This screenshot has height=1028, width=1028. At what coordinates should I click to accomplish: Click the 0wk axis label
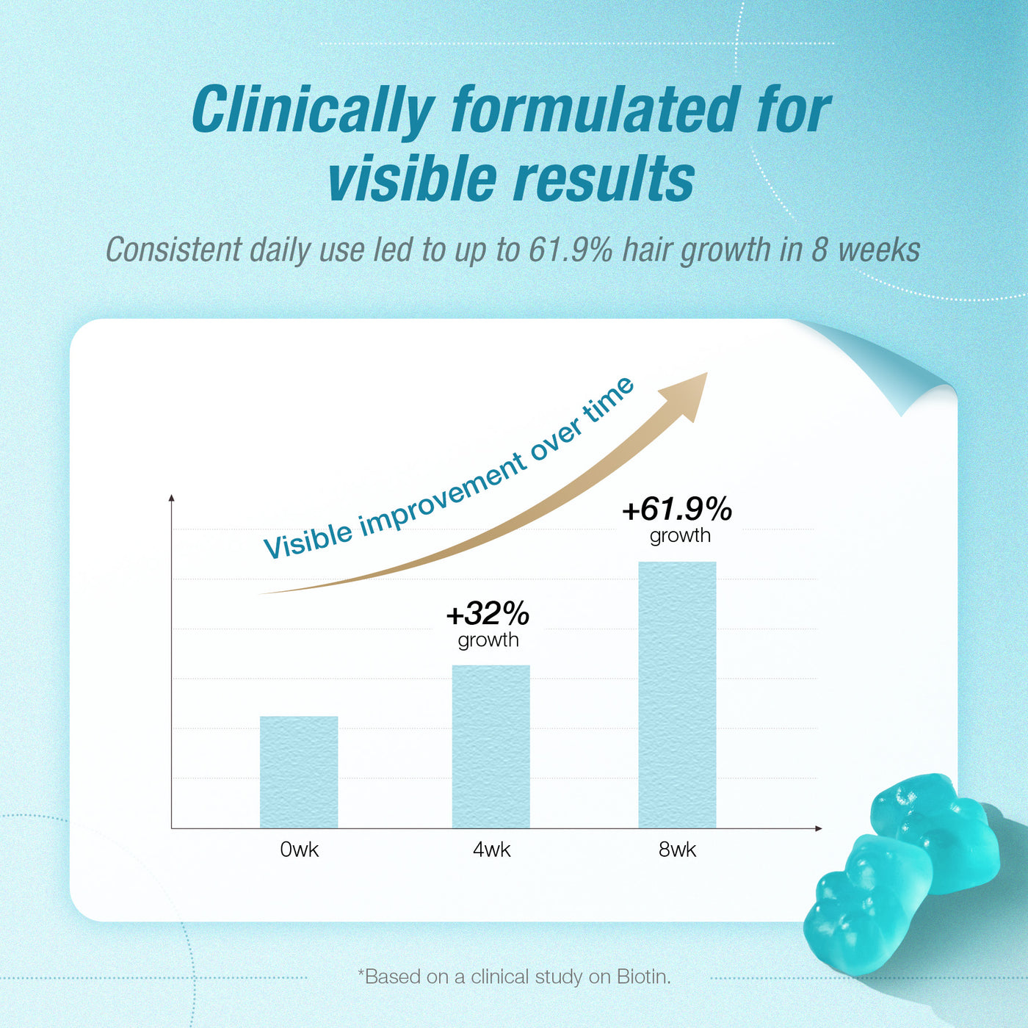coord(300,850)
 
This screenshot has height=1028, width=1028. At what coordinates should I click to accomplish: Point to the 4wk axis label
coord(491,850)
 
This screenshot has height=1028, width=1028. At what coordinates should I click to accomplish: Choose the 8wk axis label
coord(677,850)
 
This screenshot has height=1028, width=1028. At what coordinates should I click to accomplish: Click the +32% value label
coord(488,613)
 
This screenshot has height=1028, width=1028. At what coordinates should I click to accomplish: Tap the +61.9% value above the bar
coord(677,509)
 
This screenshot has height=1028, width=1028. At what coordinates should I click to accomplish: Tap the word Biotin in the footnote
coord(642,977)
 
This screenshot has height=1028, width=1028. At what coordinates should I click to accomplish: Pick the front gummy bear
coord(866,907)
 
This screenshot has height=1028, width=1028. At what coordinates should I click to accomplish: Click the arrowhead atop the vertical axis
coord(172,499)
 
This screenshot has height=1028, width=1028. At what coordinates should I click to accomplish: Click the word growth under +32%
coord(488,640)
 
